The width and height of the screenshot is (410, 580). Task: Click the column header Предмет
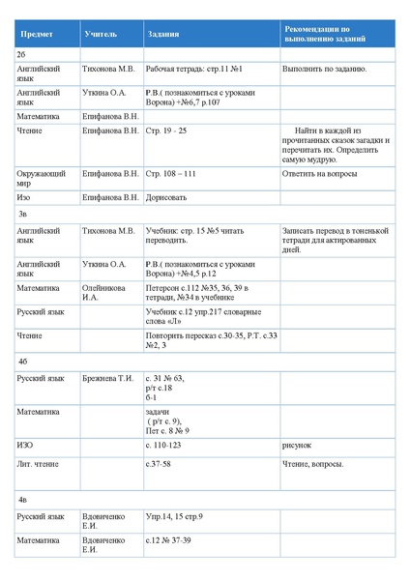[x=37, y=34]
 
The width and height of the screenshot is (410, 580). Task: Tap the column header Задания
[x=162, y=34]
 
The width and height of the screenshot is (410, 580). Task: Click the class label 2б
[x=21, y=55]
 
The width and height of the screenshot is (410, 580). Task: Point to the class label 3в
[x=22, y=212]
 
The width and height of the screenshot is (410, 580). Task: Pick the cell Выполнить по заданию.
[x=324, y=71]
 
